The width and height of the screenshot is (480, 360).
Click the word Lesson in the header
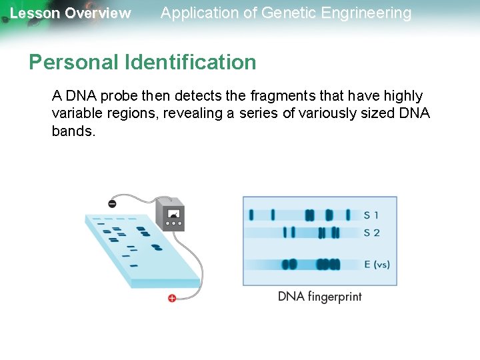pos(35,13)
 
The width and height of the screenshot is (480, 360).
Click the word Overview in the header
pos(98,13)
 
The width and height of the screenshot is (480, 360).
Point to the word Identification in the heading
pos(190,62)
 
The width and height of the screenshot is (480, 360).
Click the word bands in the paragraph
pos(72,131)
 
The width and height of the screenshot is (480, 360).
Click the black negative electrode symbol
pos(112,203)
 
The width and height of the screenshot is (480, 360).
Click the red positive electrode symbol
pos(172,298)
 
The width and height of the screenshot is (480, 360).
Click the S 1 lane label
pos(371,215)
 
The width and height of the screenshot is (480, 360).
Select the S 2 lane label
pos(372,233)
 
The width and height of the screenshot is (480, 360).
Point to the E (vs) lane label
pos(377,265)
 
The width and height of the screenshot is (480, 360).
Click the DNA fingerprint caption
pos(320,296)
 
